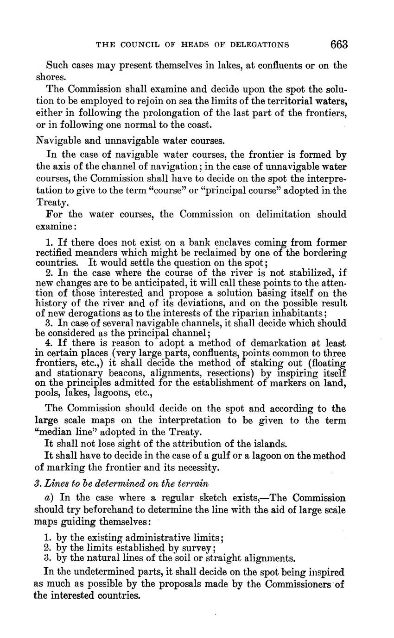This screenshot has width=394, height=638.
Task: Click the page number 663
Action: (339, 44)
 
